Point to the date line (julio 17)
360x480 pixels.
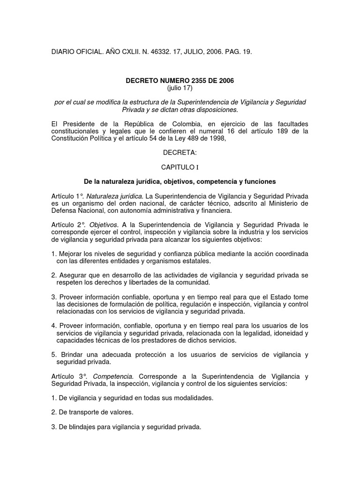coord(180,88)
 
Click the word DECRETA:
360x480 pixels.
coord(180,152)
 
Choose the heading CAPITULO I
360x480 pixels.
coord(180,167)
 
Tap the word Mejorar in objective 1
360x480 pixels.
coord(70,254)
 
